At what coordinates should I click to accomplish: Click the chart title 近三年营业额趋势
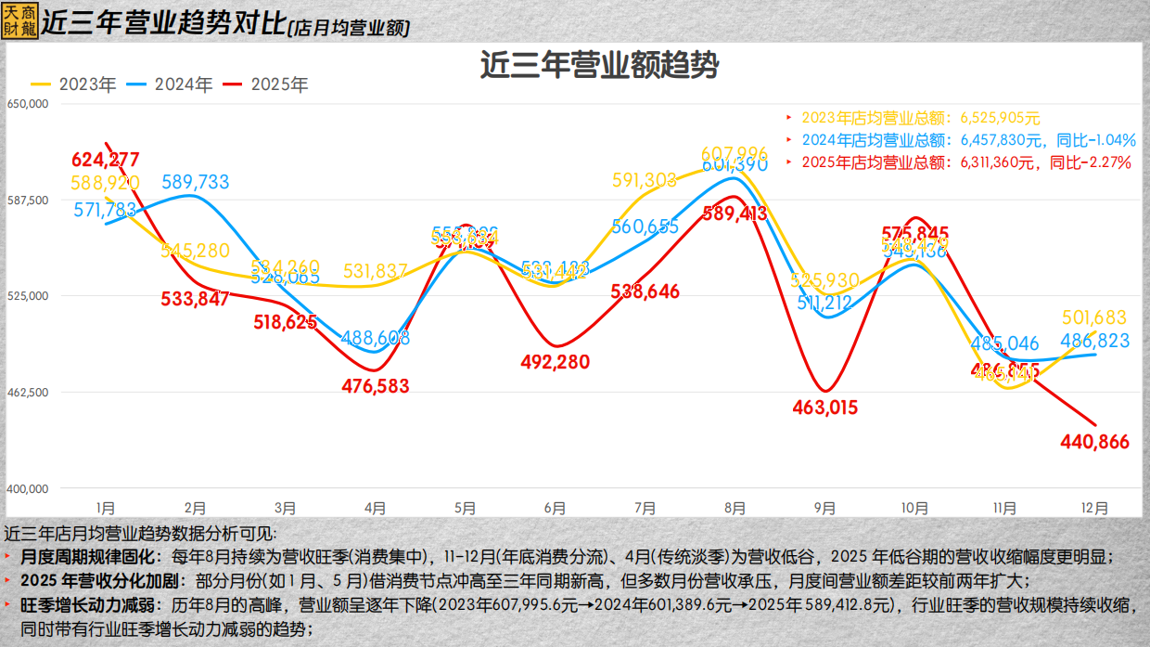click(599, 66)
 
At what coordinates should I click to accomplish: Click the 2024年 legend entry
click(171, 84)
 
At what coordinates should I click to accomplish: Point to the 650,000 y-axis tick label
click(27, 105)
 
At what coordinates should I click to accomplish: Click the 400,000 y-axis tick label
click(27, 488)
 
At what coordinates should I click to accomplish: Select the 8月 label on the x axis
click(735, 509)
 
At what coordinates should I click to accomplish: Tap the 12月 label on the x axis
click(1095, 509)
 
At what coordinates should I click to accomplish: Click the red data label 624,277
click(106, 159)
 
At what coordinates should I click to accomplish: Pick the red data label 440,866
click(1095, 442)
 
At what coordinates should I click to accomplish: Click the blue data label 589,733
click(195, 182)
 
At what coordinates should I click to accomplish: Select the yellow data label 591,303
click(645, 181)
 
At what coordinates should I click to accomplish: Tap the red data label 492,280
click(555, 362)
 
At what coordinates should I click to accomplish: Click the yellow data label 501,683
click(1095, 317)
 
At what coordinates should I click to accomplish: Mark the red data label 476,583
click(375, 385)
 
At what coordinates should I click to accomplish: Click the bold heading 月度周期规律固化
click(82, 557)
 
